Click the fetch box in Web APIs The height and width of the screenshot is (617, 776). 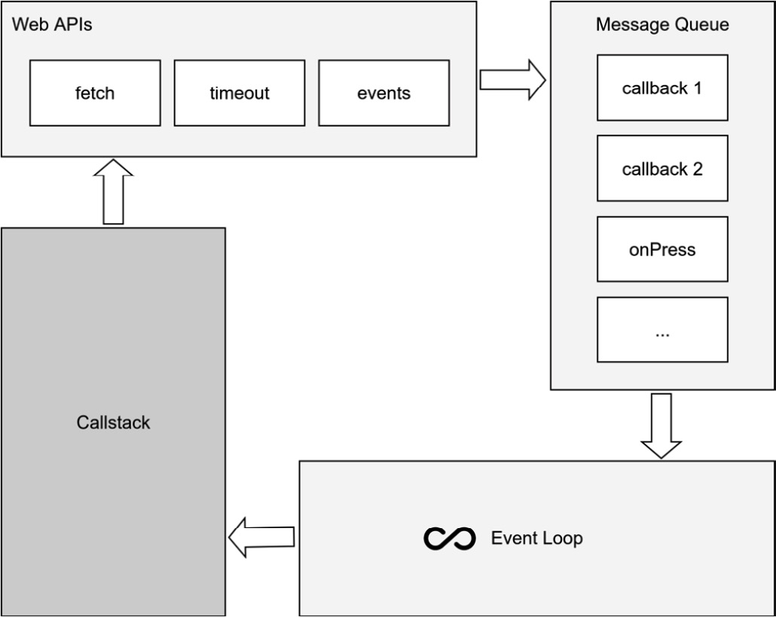pyautogui.click(x=95, y=93)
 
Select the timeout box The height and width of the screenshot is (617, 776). pyautogui.click(x=240, y=93)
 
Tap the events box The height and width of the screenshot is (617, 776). pyautogui.click(x=384, y=93)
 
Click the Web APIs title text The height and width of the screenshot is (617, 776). pyautogui.click(x=52, y=24)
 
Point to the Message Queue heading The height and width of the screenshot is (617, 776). pyautogui.click(x=662, y=25)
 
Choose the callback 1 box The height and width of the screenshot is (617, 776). pyautogui.click(x=662, y=88)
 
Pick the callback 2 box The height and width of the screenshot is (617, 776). pyautogui.click(x=662, y=169)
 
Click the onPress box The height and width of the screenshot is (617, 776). pyautogui.click(x=662, y=249)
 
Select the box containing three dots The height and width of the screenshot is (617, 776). pyautogui.click(x=662, y=330)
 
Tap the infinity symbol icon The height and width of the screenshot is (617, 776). pyautogui.click(x=450, y=539)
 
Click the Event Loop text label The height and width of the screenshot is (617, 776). pyautogui.click(x=536, y=539)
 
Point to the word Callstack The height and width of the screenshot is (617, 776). pyautogui.click(x=113, y=423)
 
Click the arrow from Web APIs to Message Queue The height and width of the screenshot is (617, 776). pyautogui.click(x=512, y=79)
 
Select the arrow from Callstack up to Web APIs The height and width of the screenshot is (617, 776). pyautogui.click(x=113, y=191)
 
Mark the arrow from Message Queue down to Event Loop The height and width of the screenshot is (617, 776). pyautogui.click(x=661, y=426)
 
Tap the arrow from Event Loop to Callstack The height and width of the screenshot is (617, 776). pyautogui.click(x=261, y=537)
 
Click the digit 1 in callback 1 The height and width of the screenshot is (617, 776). pyautogui.click(x=697, y=88)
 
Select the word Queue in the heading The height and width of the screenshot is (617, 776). pyautogui.click(x=704, y=25)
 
